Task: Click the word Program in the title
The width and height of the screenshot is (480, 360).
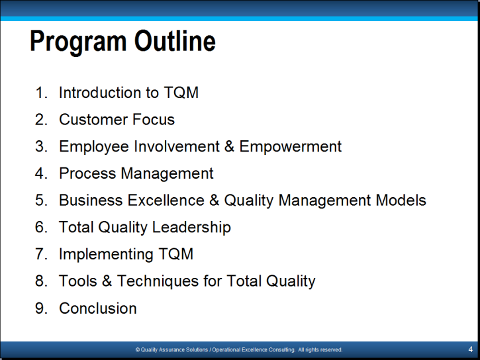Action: pos(78,42)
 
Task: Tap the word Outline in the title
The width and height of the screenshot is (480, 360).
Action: pos(175,40)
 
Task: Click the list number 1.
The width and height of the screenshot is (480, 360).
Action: pos(41,93)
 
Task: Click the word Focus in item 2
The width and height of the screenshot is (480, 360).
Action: pos(154,119)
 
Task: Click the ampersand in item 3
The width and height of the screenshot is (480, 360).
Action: pos(229,146)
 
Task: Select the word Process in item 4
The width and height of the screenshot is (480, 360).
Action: pos(87,173)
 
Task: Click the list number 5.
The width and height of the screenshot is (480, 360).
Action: pos(41,201)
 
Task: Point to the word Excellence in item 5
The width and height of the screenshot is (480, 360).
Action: pos(166,201)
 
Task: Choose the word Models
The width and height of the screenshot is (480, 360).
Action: pos(401,201)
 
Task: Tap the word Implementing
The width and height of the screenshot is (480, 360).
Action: pos(106,255)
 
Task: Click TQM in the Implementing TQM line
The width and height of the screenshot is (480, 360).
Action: pos(176,254)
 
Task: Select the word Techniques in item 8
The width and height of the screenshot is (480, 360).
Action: pos(158,282)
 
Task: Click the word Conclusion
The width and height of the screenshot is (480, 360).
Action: pos(98,308)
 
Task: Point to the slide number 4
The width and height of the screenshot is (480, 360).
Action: pos(471,349)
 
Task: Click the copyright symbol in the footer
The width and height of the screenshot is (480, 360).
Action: pos(138,349)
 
